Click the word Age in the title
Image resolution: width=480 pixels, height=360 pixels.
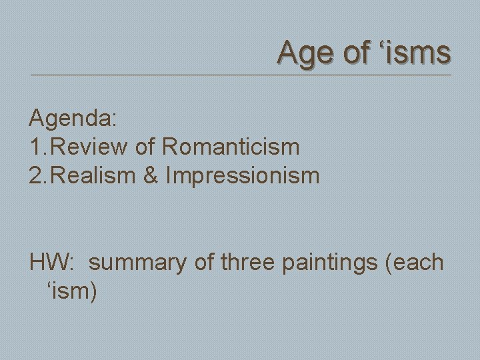[305, 53]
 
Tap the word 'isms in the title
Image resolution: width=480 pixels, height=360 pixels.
[416, 53]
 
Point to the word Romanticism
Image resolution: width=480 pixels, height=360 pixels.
[231, 147]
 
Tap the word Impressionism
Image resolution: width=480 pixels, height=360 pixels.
[243, 176]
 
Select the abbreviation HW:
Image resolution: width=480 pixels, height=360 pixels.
[51, 262]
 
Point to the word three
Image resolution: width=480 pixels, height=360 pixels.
[247, 262]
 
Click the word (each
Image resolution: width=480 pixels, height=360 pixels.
[415, 262]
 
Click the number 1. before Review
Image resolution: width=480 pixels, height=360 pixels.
[38, 147]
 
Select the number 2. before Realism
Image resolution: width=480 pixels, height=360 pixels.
[38, 176]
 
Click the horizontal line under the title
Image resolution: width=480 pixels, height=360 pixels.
[240, 75]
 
